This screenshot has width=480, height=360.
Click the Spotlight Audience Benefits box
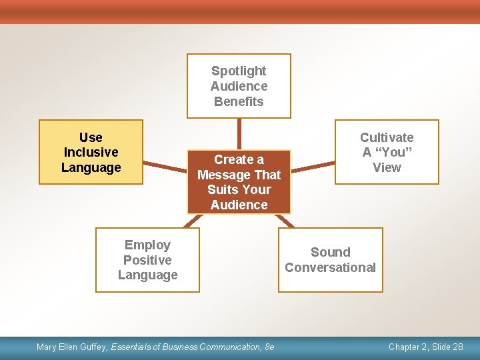tap(239, 86)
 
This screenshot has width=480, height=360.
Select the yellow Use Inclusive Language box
tap(91, 152)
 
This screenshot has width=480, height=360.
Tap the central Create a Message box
tap(239, 181)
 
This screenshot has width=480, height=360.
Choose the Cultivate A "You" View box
tap(387, 152)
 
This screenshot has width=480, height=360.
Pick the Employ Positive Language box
tap(147, 260)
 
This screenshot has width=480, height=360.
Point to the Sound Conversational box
tap(331, 260)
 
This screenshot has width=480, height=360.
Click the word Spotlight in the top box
tap(239, 71)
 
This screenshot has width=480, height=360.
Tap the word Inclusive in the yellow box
tap(91, 152)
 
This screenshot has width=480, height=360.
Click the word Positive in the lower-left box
tap(147, 260)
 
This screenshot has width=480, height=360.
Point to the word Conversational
tap(331, 267)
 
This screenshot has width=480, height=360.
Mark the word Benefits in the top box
tap(239, 101)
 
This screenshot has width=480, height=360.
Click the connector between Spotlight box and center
tap(239, 133)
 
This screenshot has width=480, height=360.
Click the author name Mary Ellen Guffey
tap(72, 347)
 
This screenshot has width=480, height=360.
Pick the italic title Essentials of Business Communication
tap(186, 347)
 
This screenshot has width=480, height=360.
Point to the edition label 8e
tap(269, 347)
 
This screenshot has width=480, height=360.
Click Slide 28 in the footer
tap(445, 347)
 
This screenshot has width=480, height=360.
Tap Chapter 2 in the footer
tap(406, 347)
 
